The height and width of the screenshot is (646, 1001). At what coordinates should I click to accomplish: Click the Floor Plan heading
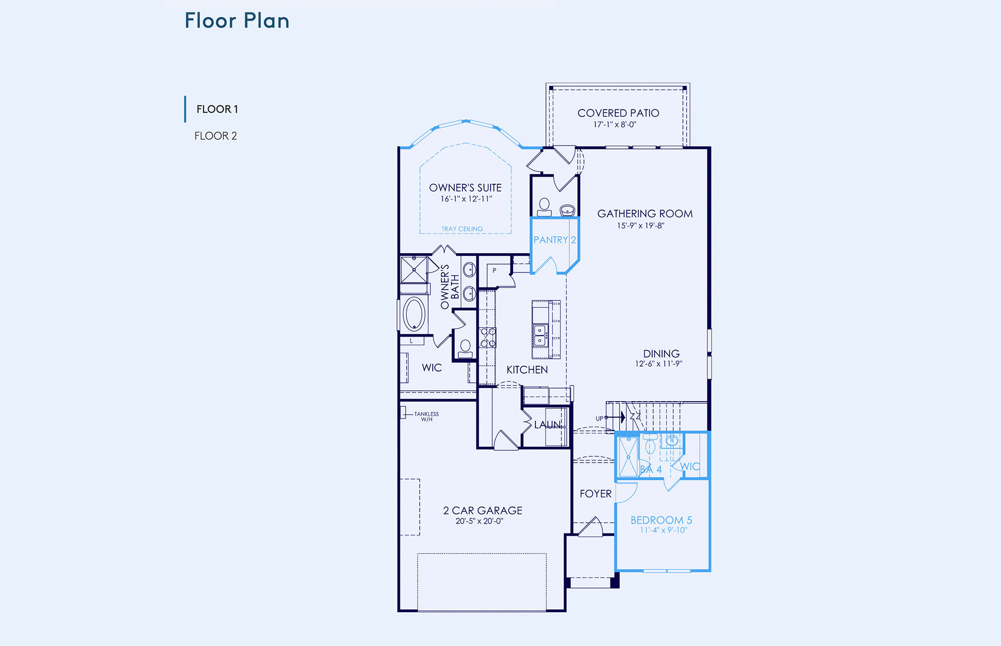(237, 21)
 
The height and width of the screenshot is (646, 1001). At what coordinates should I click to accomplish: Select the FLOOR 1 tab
(217, 109)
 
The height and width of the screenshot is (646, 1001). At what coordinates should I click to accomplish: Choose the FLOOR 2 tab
(215, 136)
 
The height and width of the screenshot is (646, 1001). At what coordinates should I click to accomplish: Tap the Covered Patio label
(618, 113)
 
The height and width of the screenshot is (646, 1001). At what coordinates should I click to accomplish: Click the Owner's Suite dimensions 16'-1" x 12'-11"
(466, 199)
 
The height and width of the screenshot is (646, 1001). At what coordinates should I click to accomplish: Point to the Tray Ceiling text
(462, 229)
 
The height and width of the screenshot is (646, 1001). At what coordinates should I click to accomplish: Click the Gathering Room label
(645, 214)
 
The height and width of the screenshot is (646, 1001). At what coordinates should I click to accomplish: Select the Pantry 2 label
(555, 240)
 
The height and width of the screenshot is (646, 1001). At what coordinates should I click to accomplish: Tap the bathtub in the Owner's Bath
(414, 314)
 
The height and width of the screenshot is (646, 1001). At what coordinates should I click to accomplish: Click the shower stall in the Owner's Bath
(414, 269)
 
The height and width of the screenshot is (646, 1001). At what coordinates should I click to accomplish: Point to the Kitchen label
(527, 370)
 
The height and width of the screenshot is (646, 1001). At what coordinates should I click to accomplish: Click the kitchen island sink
(540, 336)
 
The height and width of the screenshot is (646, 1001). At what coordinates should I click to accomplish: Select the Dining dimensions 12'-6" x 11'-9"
(658, 364)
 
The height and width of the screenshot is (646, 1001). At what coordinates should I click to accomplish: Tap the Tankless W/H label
(426, 417)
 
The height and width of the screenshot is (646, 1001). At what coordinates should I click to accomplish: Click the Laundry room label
(547, 425)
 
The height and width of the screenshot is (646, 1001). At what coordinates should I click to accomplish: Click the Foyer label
(595, 494)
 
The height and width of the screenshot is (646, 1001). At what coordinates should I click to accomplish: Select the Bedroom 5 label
(661, 520)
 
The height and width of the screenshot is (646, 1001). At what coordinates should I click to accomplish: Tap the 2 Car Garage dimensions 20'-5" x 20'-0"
(479, 521)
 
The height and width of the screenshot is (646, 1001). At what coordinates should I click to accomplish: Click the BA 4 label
(651, 469)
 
